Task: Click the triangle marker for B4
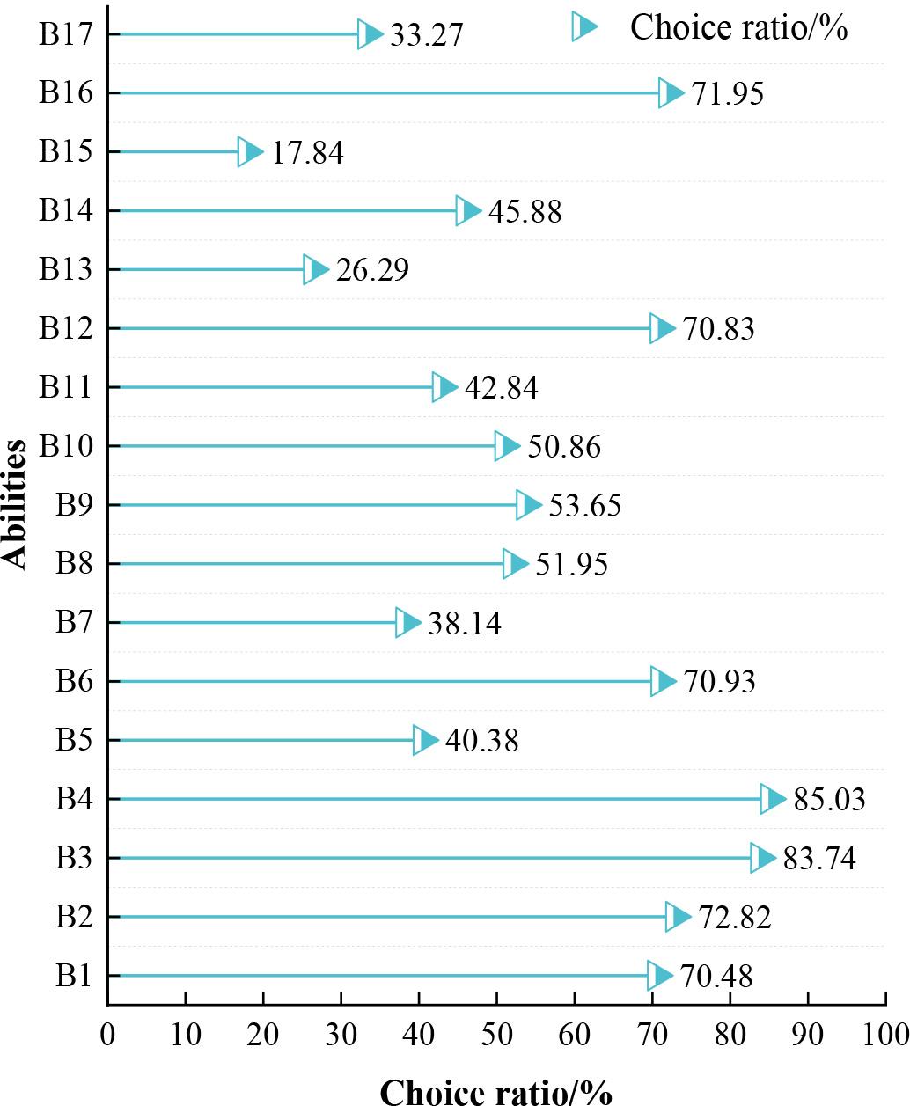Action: [773, 799]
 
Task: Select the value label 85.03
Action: [829, 800]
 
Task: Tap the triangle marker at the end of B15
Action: [250, 151]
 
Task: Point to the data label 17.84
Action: [306, 153]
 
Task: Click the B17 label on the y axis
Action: [66, 36]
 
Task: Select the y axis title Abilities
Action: [16, 505]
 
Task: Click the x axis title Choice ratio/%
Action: [495, 1091]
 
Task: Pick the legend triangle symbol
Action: [584, 27]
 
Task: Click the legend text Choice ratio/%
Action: [738, 28]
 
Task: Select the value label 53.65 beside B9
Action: [585, 506]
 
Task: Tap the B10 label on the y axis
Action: [66, 447]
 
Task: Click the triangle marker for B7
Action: [408, 622]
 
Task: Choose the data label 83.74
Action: [819, 859]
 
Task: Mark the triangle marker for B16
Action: [671, 92]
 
